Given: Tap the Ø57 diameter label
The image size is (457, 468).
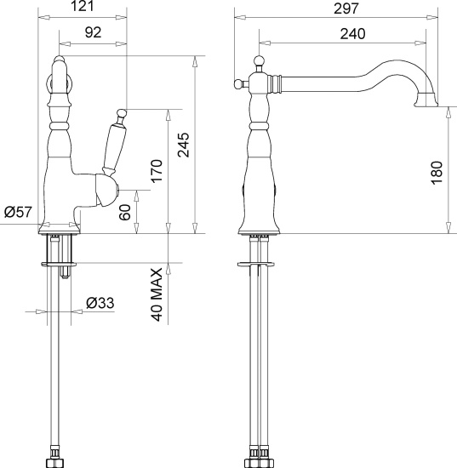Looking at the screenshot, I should pos(19,212).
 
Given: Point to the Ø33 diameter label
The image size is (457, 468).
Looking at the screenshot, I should pos(102,302).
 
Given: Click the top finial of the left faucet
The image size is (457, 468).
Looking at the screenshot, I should pos(59,61).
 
